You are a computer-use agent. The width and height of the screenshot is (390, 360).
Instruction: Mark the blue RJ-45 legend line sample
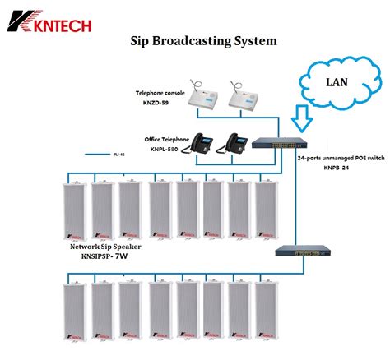(94, 154)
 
